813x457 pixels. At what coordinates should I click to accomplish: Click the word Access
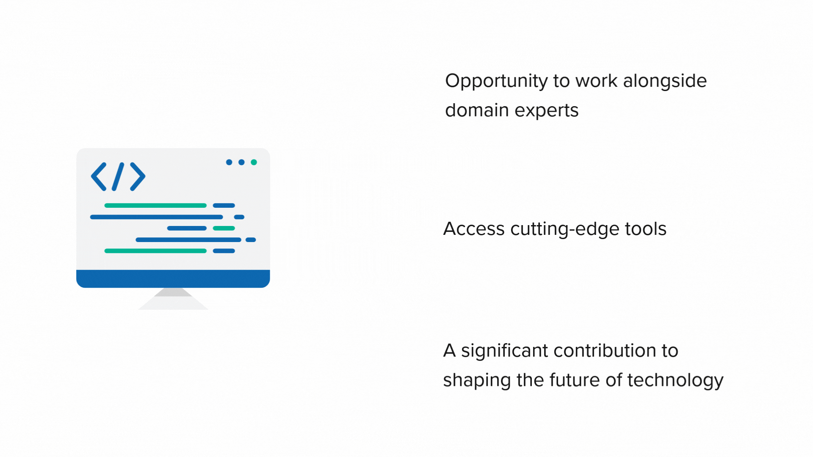pos(474,229)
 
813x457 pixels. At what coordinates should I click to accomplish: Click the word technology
pos(675,381)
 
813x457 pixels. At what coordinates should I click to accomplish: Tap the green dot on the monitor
pos(254,162)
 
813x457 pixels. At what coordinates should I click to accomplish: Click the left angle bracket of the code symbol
pos(98,176)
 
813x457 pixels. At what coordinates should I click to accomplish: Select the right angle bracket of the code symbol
pos(138,176)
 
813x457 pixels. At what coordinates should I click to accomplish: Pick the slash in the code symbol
pos(118,176)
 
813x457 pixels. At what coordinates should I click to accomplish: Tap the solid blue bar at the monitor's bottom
pos(173,279)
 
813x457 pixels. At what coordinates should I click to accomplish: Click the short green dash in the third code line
pos(224,228)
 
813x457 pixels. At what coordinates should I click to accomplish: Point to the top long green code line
pos(155,206)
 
